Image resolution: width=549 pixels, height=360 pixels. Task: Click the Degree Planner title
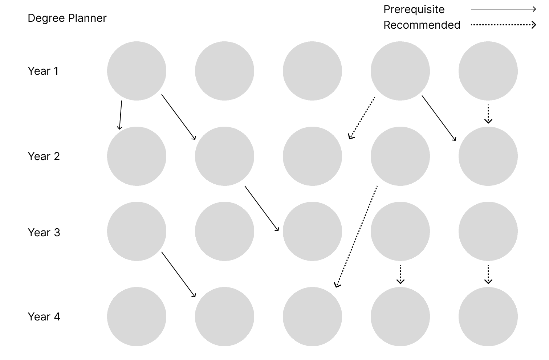(x=67, y=18)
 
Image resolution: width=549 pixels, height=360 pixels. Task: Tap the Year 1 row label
(x=43, y=71)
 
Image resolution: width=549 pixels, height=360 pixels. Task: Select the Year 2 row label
(x=44, y=156)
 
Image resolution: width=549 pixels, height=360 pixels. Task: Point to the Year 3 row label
(x=44, y=233)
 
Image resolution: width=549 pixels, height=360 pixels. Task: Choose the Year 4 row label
(x=44, y=317)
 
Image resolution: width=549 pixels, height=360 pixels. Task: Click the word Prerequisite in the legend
(x=414, y=9)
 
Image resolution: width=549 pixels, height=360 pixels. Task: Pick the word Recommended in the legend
(x=422, y=25)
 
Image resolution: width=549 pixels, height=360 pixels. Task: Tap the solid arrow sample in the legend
(x=503, y=9)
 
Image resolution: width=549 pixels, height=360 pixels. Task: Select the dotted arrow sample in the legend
(x=503, y=25)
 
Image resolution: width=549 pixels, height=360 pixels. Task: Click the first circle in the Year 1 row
(x=137, y=71)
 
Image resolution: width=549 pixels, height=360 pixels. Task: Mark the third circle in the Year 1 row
(x=312, y=71)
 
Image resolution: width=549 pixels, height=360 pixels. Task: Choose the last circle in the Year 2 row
(x=488, y=156)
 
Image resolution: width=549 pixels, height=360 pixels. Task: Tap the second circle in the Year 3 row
(x=224, y=231)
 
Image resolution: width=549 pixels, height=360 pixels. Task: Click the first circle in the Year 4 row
(x=137, y=316)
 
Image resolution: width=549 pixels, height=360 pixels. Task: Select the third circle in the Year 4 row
(x=312, y=316)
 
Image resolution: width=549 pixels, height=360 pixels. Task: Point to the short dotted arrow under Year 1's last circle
(x=488, y=114)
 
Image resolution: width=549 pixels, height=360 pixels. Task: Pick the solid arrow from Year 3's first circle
(x=179, y=274)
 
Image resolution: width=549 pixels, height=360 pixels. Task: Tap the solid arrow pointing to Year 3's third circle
(x=262, y=209)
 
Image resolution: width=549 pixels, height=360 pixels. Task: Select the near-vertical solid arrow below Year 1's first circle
(x=120, y=115)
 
